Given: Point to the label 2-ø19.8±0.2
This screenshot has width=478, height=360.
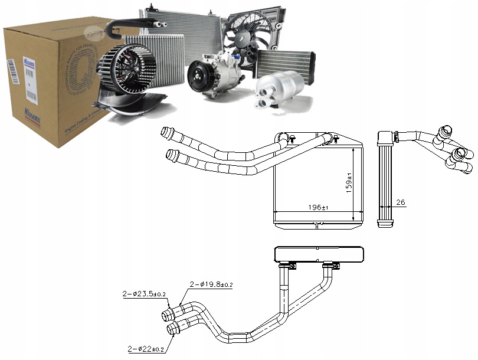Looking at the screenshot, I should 211,284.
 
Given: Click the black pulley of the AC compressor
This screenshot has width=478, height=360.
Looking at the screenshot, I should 198,80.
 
